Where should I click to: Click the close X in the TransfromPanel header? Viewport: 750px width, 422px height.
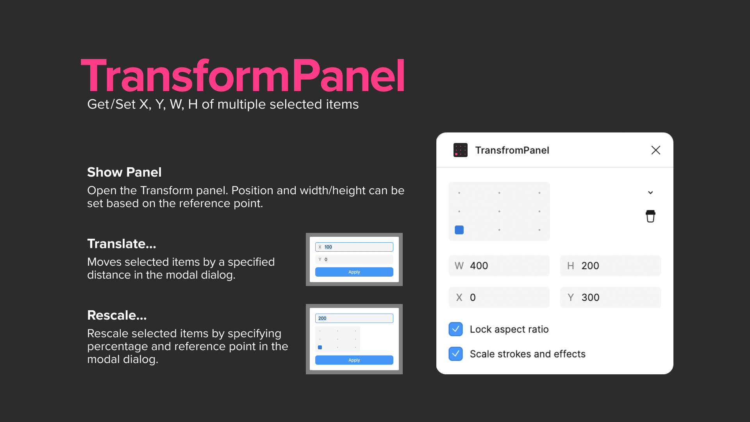click(655, 150)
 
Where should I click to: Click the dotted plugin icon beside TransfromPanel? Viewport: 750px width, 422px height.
click(460, 150)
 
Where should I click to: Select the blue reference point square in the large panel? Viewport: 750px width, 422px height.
click(459, 230)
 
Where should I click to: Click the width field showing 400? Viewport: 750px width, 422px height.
click(499, 266)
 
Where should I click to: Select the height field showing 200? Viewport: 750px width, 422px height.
click(610, 266)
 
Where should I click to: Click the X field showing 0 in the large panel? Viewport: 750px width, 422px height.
click(499, 297)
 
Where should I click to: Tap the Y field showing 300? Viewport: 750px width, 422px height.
click(610, 297)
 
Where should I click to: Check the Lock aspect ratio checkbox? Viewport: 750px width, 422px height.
click(455, 329)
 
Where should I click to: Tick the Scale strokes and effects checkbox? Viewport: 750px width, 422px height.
click(455, 354)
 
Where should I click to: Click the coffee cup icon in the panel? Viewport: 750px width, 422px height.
click(650, 216)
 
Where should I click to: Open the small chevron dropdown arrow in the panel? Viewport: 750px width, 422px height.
click(650, 193)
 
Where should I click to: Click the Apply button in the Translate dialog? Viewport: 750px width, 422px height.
click(354, 272)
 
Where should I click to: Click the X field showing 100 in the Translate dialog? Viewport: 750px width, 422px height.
click(354, 247)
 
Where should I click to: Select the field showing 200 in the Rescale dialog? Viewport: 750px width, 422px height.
click(354, 318)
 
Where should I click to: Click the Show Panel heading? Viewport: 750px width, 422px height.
click(124, 172)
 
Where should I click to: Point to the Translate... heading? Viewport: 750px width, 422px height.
click(121, 244)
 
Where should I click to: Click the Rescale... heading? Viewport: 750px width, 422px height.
click(117, 315)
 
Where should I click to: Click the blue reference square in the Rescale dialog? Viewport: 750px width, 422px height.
click(320, 347)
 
